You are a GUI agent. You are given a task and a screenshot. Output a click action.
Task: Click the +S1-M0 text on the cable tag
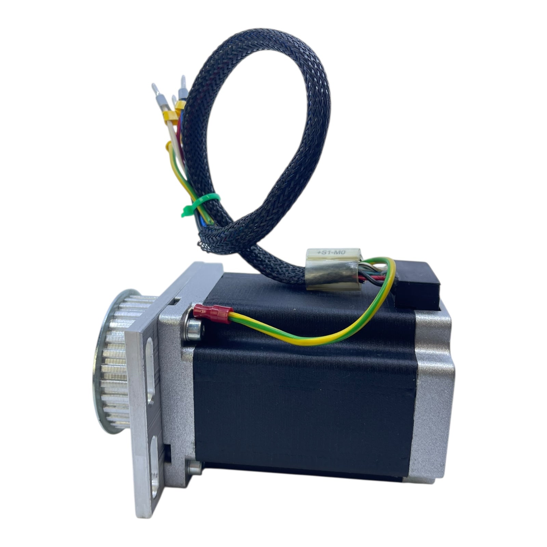pyautogui.click(x=331, y=252)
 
